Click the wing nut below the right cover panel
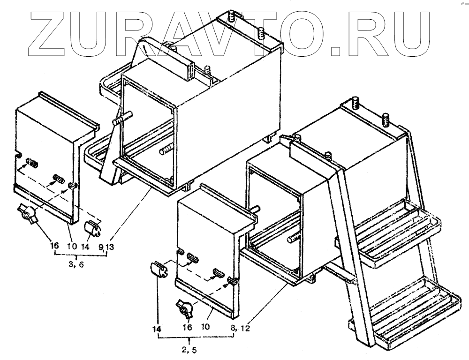pyautogui.click(x=184, y=308)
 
